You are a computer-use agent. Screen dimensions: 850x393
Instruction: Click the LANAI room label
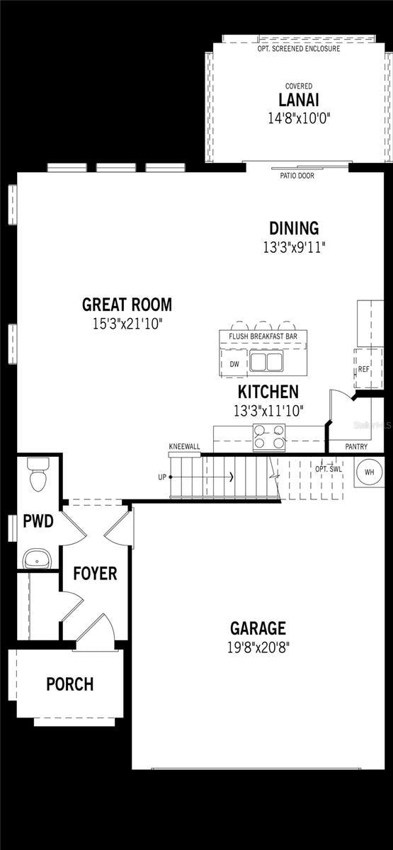293,101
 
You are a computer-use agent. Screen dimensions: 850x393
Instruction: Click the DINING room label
294,229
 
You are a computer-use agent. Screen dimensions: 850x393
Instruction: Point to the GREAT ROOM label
127,305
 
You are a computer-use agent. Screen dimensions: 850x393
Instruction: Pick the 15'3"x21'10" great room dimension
127,324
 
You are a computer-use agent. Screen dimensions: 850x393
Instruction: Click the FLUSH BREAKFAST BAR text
263,336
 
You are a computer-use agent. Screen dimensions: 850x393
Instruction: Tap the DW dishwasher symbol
234,364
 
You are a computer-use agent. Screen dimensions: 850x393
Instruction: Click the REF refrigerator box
364,369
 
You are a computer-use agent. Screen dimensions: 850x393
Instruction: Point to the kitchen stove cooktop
269,437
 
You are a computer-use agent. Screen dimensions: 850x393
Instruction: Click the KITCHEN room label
268,392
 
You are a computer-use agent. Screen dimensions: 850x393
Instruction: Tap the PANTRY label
355,447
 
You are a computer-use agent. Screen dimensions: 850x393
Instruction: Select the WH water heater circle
369,472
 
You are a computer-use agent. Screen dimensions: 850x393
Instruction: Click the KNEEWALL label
184,447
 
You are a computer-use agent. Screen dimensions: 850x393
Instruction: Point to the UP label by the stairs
162,477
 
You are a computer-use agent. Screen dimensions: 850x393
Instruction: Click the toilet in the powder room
38,476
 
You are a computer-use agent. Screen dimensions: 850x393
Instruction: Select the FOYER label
96,574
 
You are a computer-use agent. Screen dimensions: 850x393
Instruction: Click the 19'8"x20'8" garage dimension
258,647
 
